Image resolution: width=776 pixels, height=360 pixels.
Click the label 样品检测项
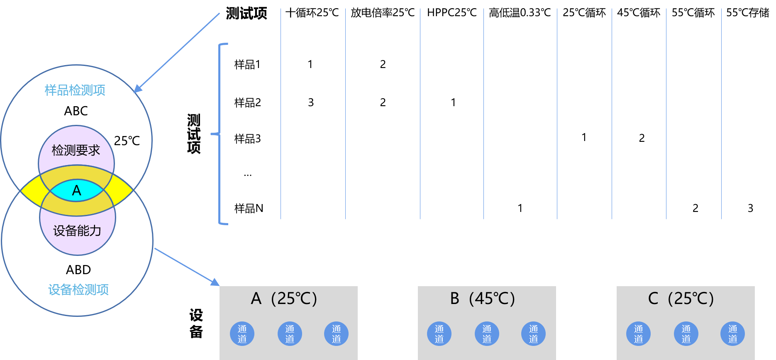pyautogui.click(x=75, y=90)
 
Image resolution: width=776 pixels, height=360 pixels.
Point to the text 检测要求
pyautogui.click(x=76, y=150)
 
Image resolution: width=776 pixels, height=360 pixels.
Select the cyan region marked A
pyautogui.click(x=77, y=190)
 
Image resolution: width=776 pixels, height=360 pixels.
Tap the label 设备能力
pyautogui.click(x=77, y=231)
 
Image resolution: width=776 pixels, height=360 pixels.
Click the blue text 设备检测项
pyautogui.click(x=78, y=289)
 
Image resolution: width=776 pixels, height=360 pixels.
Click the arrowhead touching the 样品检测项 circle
pyautogui.click(x=137, y=89)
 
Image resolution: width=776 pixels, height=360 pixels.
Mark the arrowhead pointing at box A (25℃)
pyautogui.click(x=215, y=282)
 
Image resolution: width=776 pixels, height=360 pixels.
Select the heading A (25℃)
pyautogui.click(x=284, y=299)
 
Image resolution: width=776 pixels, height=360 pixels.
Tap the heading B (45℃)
pyautogui.click(x=483, y=299)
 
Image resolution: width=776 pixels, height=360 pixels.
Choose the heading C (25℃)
pyautogui.click(x=681, y=299)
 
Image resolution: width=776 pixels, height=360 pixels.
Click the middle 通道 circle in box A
pyautogui.click(x=290, y=333)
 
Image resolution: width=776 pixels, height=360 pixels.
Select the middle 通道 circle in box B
pyautogui.click(x=487, y=333)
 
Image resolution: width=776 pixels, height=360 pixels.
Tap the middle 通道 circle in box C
pyautogui.click(x=686, y=333)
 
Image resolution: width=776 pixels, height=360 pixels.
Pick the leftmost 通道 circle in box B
pyautogui.click(x=439, y=333)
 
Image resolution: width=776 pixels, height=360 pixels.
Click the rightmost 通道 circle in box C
pyautogui.click(x=733, y=333)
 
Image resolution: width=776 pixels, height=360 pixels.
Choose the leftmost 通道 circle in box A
pyautogui.click(x=242, y=333)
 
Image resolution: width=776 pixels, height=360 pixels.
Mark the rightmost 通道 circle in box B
pyautogui.click(x=533, y=333)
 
